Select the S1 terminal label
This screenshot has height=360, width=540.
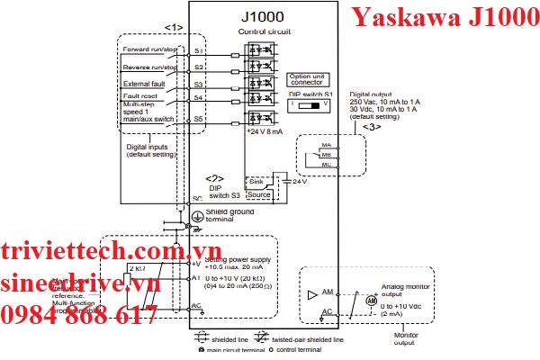pyautogui.click(x=198, y=50)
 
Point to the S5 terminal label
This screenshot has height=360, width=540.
pyautogui.click(x=198, y=118)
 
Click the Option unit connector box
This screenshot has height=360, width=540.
pyautogui.click(x=311, y=78)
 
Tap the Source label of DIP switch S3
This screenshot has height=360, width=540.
pyautogui.click(x=258, y=193)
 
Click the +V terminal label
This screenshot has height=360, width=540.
pyautogui.click(x=196, y=264)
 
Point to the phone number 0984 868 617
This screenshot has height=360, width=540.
pyautogui.click(x=79, y=315)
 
